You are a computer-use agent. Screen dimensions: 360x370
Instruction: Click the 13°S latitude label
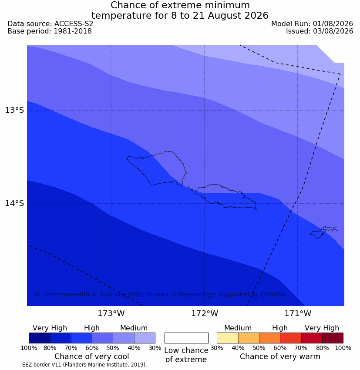click(x=14, y=110)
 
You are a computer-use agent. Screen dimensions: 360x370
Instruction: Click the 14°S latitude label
click(x=14, y=203)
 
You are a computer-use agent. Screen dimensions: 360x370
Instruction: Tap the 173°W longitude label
click(x=111, y=313)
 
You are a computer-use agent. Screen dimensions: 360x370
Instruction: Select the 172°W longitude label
click(x=205, y=313)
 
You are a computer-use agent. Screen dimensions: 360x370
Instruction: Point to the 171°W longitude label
click(x=298, y=313)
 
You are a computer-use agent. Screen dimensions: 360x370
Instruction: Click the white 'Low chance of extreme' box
click(x=186, y=338)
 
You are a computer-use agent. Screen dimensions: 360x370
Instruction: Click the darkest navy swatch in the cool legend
click(x=40, y=338)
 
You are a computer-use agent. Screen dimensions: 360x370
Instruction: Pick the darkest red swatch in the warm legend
click(x=333, y=338)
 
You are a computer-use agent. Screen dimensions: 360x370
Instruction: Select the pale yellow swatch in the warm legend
click(x=227, y=338)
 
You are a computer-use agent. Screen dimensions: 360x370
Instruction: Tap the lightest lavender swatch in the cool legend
click(x=145, y=338)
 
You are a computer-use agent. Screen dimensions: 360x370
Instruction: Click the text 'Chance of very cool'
click(x=92, y=357)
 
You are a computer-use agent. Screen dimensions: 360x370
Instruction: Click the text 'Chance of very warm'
click(x=280, y=357)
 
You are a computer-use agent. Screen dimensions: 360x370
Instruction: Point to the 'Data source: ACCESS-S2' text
click(x=50, y=24)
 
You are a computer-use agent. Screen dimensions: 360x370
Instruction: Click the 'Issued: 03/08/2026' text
click(x=320, y=31)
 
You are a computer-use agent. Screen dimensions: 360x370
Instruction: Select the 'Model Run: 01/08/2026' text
click(x=312, y=24)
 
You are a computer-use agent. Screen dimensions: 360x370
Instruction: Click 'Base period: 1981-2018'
click(x=50, y=31)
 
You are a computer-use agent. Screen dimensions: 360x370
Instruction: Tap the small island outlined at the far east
click(x=323, y=232)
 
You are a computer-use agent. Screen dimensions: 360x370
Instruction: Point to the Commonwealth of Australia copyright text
click(x=161, y=294)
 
